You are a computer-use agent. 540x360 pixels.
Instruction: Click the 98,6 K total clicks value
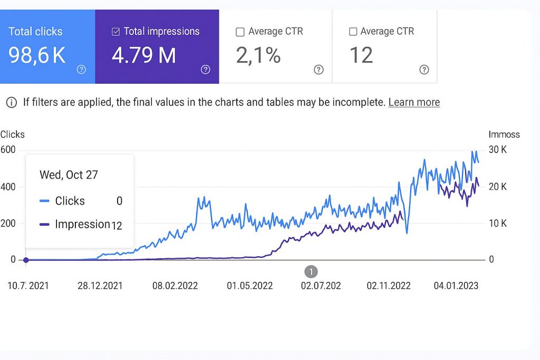(x=37, y=55)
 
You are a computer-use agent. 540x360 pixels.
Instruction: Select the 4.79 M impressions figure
(x=144, y=55)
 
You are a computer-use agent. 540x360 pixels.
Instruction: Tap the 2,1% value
(x=258, y=55)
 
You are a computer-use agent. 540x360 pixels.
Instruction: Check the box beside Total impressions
(x=116, y=32)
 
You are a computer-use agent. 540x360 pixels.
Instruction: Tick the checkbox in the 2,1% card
(x=240, y=32)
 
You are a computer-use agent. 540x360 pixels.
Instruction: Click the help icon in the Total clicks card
(x=81, y=70)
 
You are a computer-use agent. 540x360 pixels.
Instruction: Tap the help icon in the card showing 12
(x=424, y=70)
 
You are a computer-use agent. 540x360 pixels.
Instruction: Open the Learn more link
(x=414, y=102)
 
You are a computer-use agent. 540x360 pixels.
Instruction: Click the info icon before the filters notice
(x=11, y=102)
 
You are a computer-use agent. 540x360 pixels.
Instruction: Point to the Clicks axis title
(x=13, y=134)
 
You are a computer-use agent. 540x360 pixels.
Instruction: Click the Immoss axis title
(x=504, y=134)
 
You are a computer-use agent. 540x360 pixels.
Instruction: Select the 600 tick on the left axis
(x=8, y=150)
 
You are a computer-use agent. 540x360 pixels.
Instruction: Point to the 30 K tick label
(x=497, y=150)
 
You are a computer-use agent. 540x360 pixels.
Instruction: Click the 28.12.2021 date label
(x=100, y=286)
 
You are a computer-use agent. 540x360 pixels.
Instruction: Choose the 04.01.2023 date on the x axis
(x=456, y=286)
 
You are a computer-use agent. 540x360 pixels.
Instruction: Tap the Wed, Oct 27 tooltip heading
(x=69, y=175)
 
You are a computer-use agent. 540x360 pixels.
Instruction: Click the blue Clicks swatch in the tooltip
(x=45, y=201)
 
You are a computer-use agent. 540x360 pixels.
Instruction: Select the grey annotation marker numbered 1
(x=311, y=271)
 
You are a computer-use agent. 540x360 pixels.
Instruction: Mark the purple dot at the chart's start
(x=25, y=260)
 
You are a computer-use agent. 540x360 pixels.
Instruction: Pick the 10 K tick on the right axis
(x=497, y=223)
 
